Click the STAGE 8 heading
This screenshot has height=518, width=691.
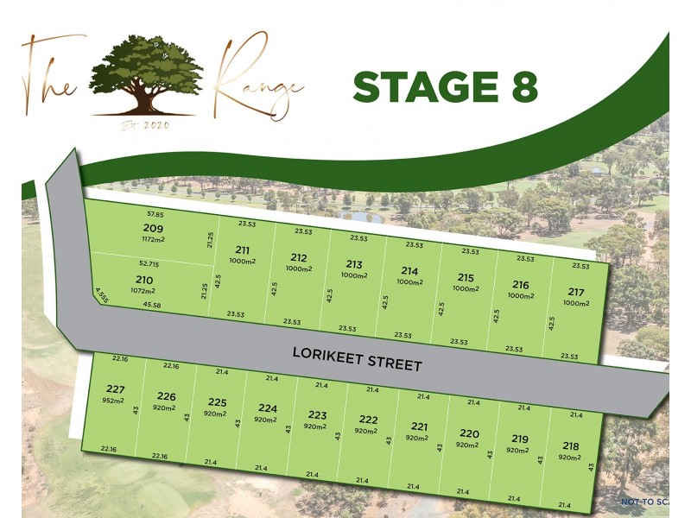click(x=446, y=87)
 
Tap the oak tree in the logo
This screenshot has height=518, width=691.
click(x=147, y=73)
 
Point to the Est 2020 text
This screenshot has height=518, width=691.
click(x=145, y=127)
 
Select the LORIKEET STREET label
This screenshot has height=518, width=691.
click(x=357, y=358)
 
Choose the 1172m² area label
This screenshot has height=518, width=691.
click(x=153, y=239)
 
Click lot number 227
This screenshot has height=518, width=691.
click(x=115, y=388)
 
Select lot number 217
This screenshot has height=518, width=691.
click(x=576, y=292)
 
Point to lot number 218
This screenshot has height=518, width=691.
click(x=570, y=445)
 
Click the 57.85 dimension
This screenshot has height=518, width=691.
click(x=155, y=213)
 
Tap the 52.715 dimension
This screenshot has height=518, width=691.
click(x=149, y=263)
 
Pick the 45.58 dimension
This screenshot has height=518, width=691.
click(x=151, y=305)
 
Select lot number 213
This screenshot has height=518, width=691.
click(x=354, y=264)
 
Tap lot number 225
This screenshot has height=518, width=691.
click(x=217, y=401)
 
